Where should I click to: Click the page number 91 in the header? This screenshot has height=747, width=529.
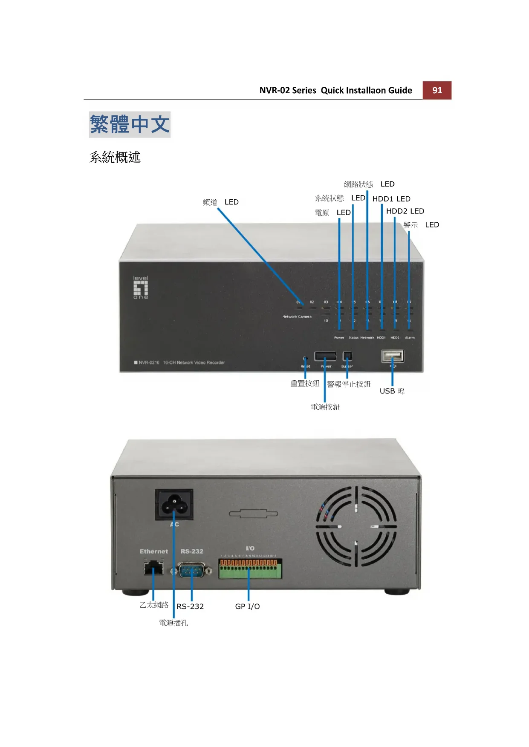(x=437, y=90)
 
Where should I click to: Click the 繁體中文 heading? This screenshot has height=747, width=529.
(x=130, y=124)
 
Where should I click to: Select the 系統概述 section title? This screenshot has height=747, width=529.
(x=115, y=157)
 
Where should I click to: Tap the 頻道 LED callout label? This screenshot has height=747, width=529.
(x=220, y=202)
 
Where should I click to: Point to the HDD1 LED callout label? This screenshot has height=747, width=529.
(x=391, y=199)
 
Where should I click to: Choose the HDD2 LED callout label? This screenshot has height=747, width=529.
(x=405, y=211)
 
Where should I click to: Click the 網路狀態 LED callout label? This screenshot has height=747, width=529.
(x=369, y=184)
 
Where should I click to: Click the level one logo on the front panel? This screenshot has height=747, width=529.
(x=141, y=287)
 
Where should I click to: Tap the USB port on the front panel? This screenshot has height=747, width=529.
(x=393, y=356)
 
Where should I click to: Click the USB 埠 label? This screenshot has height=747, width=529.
(x=392, y=391)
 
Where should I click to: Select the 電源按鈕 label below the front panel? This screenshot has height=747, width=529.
(x=325, y=407)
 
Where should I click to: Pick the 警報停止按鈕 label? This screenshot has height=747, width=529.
(x=349, y=384)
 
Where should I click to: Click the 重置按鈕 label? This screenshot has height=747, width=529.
(x=305, y=383)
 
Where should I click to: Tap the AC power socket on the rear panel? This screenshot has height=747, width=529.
(x=174, y=504)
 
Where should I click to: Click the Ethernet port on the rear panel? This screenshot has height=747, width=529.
(x=153, y=568)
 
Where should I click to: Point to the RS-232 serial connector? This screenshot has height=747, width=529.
(x=191, y=570)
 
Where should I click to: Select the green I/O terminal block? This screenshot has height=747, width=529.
(x=250, y=569)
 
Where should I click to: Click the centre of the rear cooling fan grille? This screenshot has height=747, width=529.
(x=356, y=526)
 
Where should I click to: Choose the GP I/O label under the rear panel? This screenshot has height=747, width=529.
(x=247, y=606)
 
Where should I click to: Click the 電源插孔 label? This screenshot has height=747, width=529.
(x=173, y=623)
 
